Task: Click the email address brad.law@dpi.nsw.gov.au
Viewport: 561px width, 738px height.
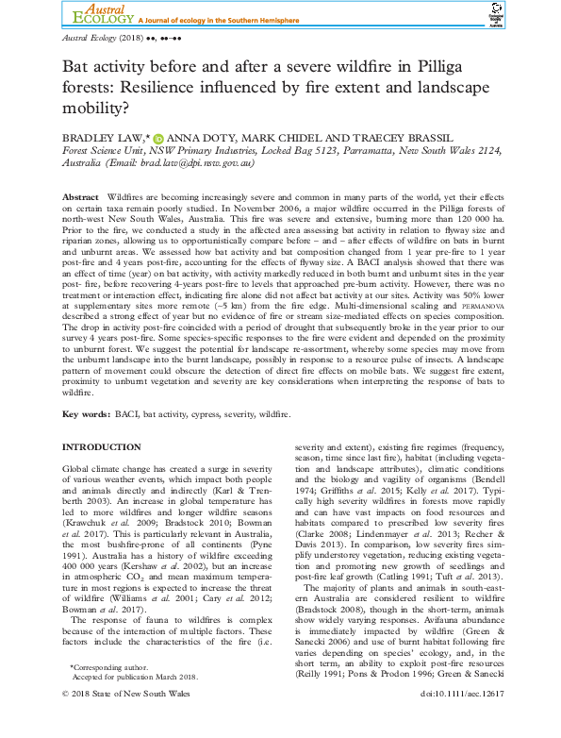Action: coord(197,163)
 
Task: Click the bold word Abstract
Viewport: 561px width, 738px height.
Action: coord(79,192)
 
